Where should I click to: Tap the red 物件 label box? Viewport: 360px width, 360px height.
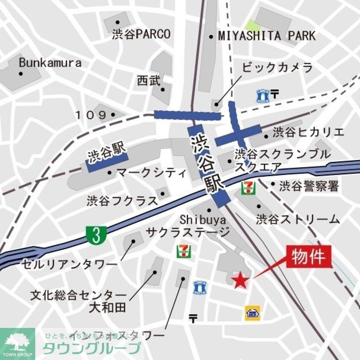coord(308,257)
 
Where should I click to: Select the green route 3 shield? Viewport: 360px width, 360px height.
coord(97,235)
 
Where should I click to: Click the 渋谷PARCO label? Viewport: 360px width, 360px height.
coord(141,34)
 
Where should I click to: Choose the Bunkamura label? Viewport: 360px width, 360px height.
coord(50,62)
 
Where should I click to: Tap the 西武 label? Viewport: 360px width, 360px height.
coord(148,80)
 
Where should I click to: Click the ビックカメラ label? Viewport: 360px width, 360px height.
coord(277,68)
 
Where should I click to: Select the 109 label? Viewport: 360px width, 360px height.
coord(91,115)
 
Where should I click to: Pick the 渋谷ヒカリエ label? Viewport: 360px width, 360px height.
coord(308,133)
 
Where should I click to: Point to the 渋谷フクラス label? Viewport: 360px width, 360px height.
coord(121,200)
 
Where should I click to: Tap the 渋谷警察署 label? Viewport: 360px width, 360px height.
coord(309,186)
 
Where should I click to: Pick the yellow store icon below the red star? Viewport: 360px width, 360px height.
coord(251,313)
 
